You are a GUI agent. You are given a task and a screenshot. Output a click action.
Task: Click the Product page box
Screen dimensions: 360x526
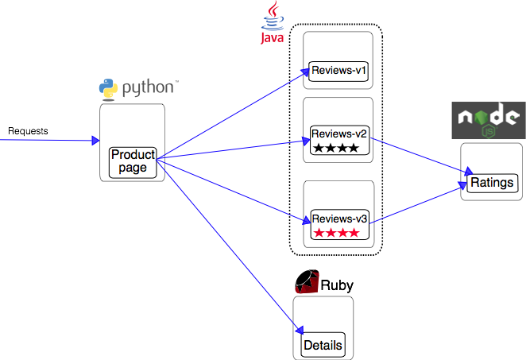[133, 161]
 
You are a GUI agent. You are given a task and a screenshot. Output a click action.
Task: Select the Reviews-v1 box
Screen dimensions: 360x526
[339, 71]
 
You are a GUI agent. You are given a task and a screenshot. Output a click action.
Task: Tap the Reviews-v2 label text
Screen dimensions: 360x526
[339, 133]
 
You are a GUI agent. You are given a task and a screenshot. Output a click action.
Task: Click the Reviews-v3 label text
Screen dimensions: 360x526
[339, 219]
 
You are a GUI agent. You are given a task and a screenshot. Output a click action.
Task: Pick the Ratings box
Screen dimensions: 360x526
[492, 183]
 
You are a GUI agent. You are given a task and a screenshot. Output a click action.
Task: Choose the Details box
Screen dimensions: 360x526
[323, 345]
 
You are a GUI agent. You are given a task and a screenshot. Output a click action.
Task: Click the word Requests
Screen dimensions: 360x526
[28, 130]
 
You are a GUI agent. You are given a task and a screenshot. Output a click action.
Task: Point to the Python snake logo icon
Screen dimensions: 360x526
[109, 88]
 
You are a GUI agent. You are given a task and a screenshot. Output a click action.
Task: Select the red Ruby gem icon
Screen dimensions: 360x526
[306, 282]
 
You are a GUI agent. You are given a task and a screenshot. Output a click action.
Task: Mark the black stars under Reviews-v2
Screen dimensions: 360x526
[336, 148]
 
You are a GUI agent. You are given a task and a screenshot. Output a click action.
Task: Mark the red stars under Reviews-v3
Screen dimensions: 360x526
[336, 233]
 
